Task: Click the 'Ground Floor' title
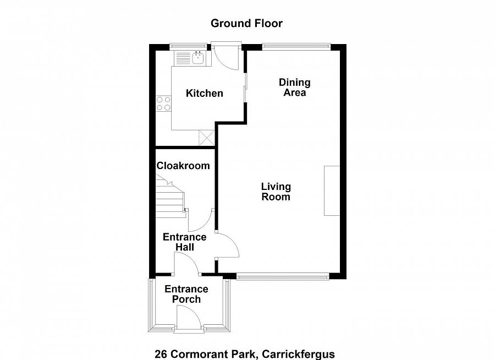[x=246, y=23]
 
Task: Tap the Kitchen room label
[x=204, y=94]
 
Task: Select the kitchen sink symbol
[x=197, y=57]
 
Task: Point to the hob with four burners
[x=163, y=103]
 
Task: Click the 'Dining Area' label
[x=295, y=88]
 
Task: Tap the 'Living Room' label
[x=276, y=192]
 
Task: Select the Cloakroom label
[x=183, y=166]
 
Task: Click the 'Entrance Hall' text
[x=185, y=242]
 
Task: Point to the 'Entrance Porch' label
[x=186, y=294]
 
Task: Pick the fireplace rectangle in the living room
[x=332, y=190]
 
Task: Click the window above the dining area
[x=296, y=46]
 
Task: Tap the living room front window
[x=282, y=276]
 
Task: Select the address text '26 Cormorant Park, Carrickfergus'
[x=245, y=354]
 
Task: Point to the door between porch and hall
[x=188, y=265]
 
